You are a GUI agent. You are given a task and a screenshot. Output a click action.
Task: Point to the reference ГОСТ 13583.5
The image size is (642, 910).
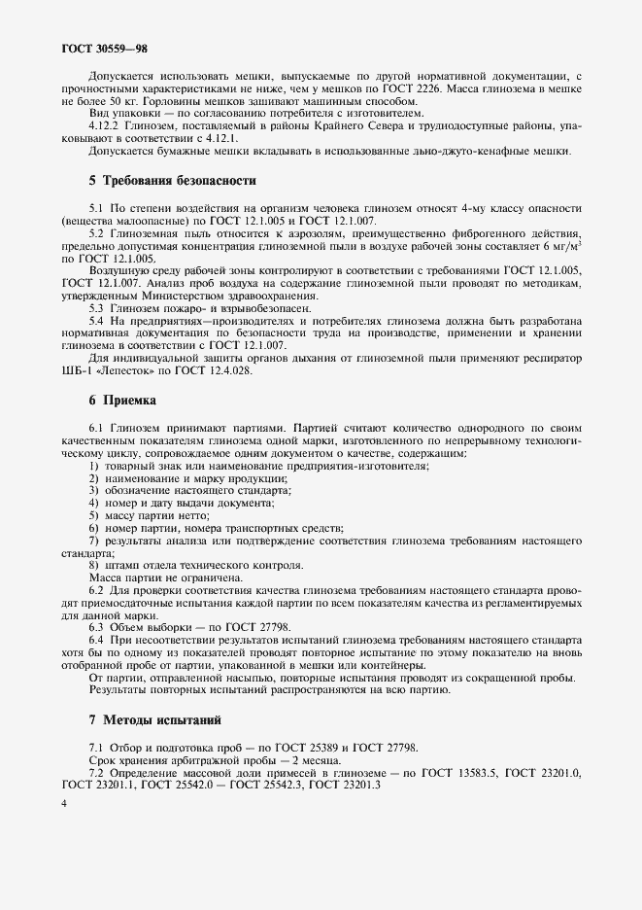point(456,772)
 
